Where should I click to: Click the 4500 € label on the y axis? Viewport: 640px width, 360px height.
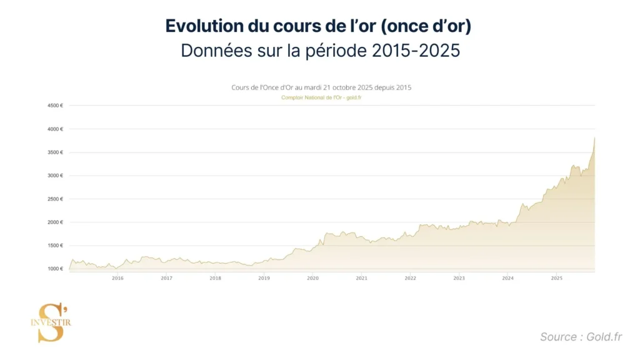click(56, 106)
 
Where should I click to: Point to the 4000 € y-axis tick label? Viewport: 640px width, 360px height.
click(56, 129)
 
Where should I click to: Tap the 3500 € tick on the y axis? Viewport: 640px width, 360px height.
click(56, 152)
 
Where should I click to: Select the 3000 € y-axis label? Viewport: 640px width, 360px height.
click(56, 176)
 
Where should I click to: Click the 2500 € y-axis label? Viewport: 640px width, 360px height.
click(56, 199)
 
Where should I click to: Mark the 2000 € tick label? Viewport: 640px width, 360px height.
click(56, 222)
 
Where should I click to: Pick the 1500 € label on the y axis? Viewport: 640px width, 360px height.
click(56, 246)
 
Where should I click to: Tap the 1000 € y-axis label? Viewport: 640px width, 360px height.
click(56, 269)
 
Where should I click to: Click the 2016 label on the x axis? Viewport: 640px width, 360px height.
click(117, 278)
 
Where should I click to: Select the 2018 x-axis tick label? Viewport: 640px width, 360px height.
click(215, 278)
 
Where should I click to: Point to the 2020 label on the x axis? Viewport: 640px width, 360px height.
click(312, 278)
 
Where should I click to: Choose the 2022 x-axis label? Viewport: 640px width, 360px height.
click(410, 278)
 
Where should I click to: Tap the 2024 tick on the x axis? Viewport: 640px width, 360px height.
click(507, 278)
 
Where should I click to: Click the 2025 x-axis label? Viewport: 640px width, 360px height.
click(556, 278)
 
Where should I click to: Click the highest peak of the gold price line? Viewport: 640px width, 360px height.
click(594, 137)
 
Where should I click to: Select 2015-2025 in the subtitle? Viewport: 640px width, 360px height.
click(416, 51)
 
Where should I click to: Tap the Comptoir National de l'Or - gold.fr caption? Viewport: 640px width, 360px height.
click(321, 97)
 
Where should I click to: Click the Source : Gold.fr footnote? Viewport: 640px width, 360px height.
click(581, 337)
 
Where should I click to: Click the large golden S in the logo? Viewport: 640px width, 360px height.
click(51, 322)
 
